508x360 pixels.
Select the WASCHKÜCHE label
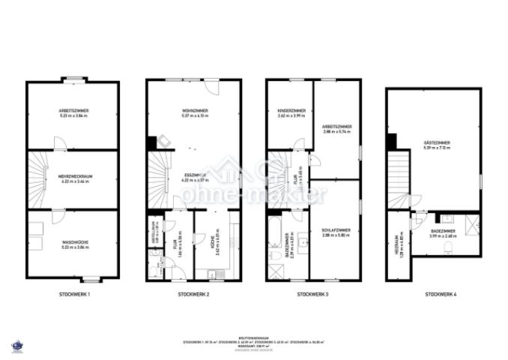pos(73,242)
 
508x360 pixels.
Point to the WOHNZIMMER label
pos(195,110)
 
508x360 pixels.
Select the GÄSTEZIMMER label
pos(436,142)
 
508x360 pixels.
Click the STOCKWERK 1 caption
pos(74,294)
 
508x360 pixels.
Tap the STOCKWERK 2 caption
pos(193,294)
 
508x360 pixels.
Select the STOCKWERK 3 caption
pos(313,294)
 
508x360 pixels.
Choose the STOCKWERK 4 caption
pos(440,294)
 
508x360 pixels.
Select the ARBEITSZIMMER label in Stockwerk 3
pos(337,127)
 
